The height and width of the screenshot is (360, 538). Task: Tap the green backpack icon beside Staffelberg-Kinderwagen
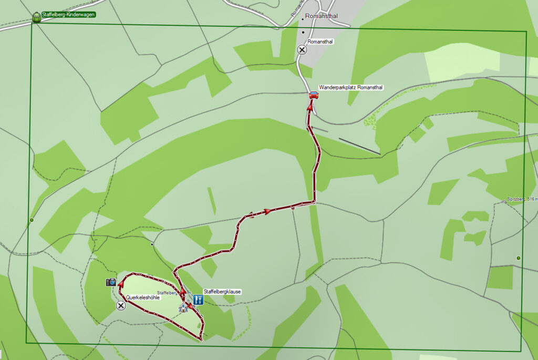click(36, 17)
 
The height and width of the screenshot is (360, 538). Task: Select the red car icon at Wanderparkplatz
click(314, 95)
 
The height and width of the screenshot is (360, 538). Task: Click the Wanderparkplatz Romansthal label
click(351, 88)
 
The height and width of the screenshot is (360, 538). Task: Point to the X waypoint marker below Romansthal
click(302, 50)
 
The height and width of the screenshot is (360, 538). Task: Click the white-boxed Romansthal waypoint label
click(320, 42)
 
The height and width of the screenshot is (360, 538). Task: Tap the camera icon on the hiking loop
click(111, 282)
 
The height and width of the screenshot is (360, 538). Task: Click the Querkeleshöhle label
click(142, 297)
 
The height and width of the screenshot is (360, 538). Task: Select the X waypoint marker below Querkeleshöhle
click(121, 305)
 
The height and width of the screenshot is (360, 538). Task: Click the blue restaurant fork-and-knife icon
click(198, 300)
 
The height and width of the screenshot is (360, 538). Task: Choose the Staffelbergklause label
click(222, 292)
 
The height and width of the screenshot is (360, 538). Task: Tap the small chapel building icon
click(183, 308)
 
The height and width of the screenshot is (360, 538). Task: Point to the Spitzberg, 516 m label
click(522, 200)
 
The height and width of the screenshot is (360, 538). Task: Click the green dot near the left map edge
click(32, 220)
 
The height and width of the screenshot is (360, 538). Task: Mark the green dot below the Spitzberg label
click(519, 258)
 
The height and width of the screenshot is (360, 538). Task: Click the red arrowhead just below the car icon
click(310, 108)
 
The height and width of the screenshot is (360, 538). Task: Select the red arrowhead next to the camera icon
click(121, 284)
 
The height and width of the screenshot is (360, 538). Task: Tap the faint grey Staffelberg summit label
click(168, 293)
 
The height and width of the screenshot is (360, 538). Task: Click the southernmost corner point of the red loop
click(201, 340)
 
